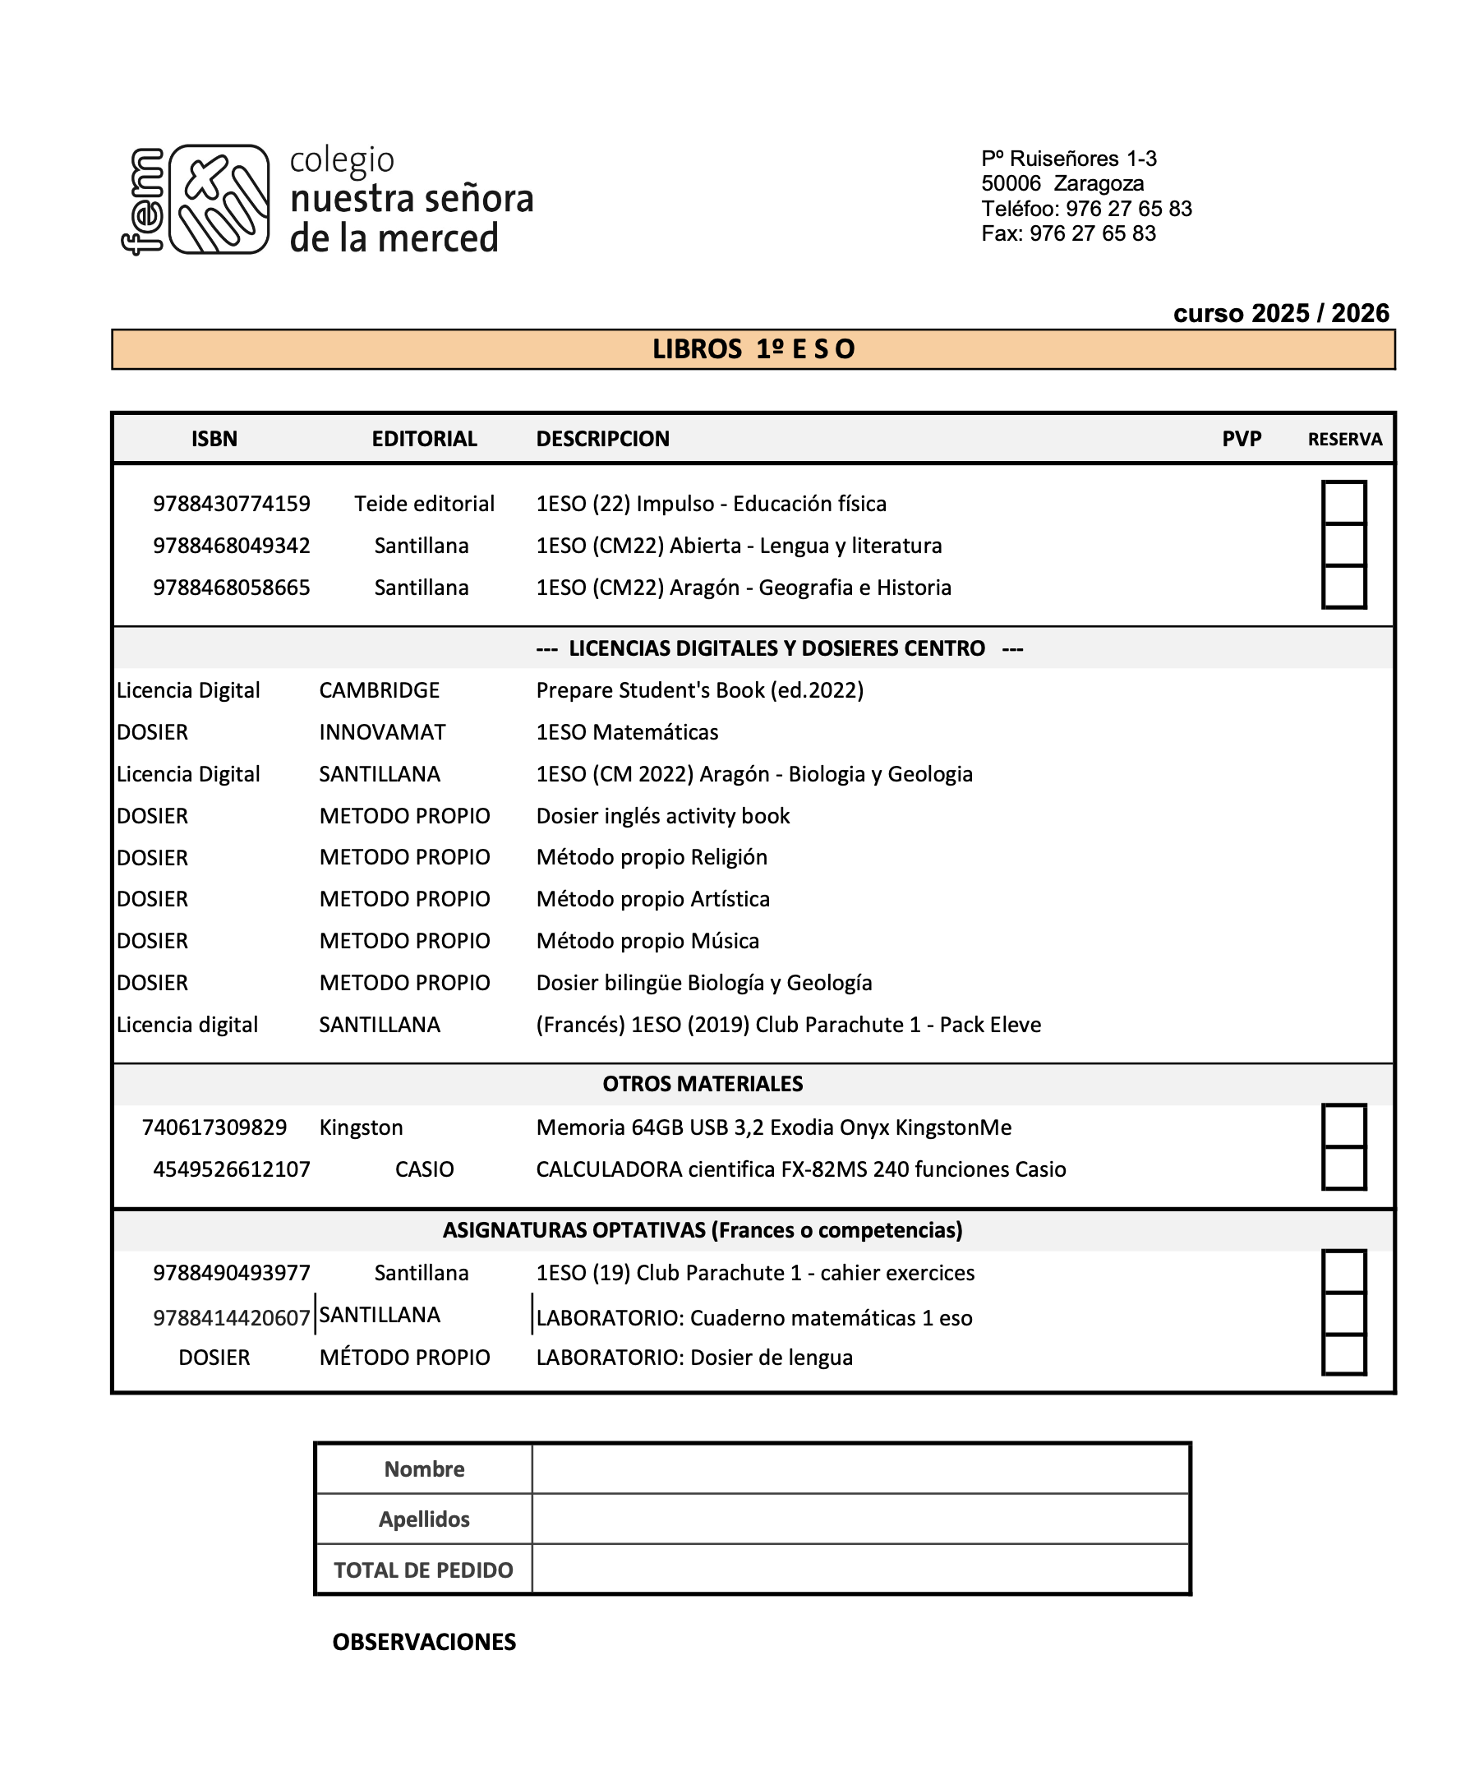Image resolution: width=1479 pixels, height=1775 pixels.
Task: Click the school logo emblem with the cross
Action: click(219, 200)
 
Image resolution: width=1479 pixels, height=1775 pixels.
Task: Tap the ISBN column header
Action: click(214, 439)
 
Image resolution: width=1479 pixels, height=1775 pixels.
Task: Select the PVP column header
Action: click(1241, 439)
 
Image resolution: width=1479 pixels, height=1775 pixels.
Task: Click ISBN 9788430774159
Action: click(231, 504)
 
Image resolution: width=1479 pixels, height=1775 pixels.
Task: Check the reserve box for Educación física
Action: click(1343, 503)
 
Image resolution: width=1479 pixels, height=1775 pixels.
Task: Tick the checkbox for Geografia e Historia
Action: click(1343, 588)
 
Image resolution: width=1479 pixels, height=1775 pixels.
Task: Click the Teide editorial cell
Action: click(424, 504)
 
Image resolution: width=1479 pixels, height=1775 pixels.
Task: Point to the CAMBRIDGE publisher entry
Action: click(379, 690)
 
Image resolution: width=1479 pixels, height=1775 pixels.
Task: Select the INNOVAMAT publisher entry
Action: click(382, 732)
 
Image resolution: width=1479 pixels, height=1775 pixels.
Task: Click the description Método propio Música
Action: click(647, 941)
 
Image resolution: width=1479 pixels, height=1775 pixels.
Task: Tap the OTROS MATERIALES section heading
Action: click(703, 1084)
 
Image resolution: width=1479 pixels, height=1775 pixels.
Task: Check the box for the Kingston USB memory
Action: click(1343, 1126)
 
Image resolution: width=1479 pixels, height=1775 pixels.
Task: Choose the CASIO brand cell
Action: click(424, 1169)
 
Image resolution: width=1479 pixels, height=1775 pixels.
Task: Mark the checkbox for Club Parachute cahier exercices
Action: click(1343, 1272)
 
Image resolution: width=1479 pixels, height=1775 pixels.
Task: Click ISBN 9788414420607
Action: click(231, 1318)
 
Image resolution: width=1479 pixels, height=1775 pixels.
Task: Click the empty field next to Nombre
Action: click(860, 1469)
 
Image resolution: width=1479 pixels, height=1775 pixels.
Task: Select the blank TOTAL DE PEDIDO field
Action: click(860, 1570)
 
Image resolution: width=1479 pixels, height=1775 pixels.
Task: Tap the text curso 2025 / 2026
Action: click(1280, 314)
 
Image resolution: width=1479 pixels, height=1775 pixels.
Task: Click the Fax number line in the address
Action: click(1068, 233)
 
